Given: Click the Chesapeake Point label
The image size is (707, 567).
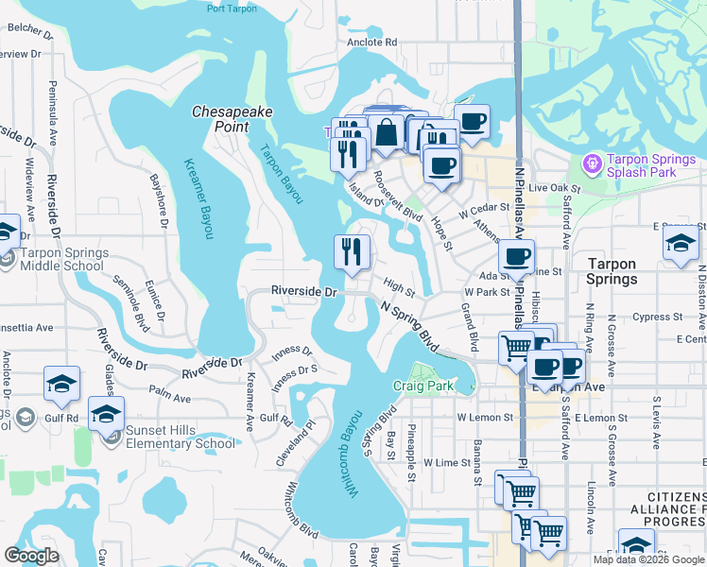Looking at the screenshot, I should point(233,118).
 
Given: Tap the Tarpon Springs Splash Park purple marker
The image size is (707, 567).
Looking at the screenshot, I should point(593,163).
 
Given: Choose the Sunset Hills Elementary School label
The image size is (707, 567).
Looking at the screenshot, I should point(181,437).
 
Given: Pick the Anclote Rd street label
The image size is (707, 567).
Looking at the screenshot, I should point(371,43).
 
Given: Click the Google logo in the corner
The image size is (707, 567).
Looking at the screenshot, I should point(31,556).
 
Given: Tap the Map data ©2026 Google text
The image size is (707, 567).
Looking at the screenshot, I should point(647,559).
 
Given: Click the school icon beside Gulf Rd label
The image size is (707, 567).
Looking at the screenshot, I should point(61,384).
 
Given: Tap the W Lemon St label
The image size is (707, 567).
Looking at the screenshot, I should point(484,417).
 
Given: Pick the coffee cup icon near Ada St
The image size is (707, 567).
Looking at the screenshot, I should point(516,256).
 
